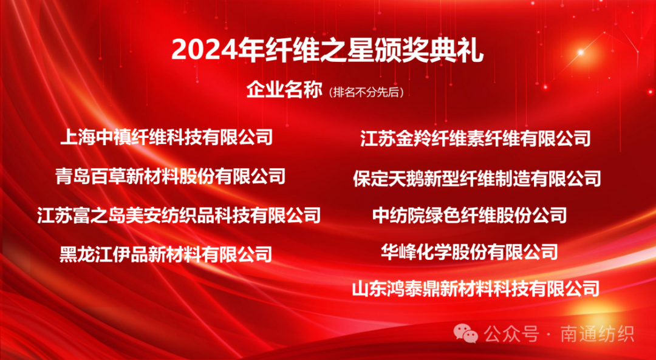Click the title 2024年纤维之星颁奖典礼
327,51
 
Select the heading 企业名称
284,90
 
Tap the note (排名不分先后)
366,92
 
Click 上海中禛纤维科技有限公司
166,137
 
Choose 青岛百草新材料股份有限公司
170,176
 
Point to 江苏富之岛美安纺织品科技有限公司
179,215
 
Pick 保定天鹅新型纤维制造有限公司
477,178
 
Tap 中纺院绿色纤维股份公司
470,215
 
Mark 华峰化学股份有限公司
469,252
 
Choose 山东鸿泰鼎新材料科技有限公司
476,289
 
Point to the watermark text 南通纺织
598,334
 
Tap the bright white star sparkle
580,52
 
